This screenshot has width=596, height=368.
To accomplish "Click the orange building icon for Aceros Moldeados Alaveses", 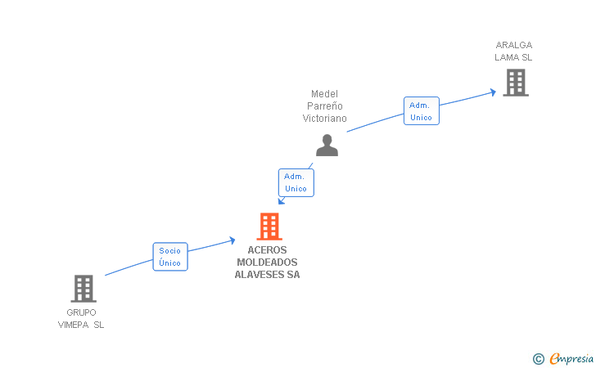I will (269, 226).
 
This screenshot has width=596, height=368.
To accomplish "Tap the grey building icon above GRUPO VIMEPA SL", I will (83, 288).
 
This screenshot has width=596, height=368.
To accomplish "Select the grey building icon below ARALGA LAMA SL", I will (515, 83).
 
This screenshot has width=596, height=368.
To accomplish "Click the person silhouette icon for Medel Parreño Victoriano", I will (327, 146).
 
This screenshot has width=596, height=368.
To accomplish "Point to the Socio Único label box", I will (170, 257).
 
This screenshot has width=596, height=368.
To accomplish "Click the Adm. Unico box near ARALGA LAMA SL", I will (421, 110).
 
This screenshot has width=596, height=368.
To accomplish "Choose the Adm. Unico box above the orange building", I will (296, 182).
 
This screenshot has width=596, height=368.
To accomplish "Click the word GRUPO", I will (81, 312).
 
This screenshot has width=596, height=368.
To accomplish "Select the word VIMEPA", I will (74, 325).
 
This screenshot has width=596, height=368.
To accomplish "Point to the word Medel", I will (324, 94).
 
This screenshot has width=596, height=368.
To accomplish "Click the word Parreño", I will (324, 106).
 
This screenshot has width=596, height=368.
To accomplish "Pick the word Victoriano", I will (324, 119).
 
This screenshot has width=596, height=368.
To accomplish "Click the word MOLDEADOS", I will (267, 263).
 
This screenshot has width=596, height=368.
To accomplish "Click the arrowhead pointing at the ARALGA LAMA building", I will (493, 92).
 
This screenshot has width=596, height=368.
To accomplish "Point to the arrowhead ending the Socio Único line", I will (233, 240).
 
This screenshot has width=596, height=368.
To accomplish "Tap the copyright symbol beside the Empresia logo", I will (538, 358).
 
